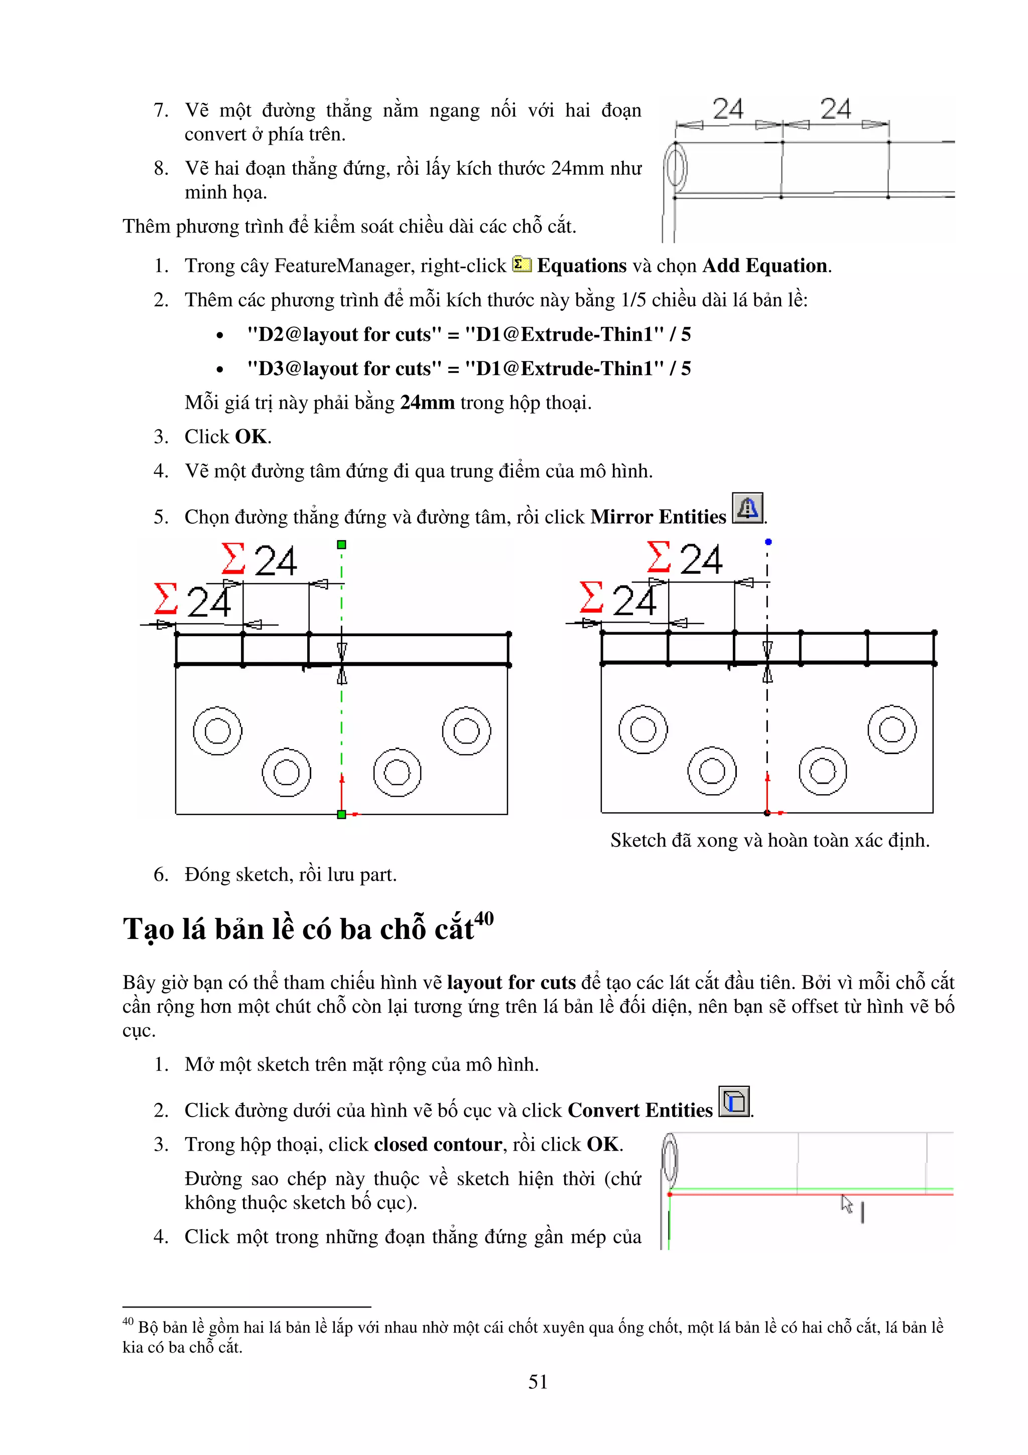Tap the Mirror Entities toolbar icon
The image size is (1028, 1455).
(x=747, y=508)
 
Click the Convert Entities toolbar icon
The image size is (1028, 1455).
(x=734, y=1102)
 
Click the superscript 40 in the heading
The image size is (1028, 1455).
(x=484, y=918)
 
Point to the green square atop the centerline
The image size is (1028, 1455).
(x=341, y=544)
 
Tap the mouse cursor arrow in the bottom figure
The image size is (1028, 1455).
(x=846, y=1203)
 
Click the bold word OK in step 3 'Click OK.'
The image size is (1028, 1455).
(x=251, y=437)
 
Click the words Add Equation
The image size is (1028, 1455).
(x=764, y=266)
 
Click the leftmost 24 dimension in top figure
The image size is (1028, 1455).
(x=728, y=109)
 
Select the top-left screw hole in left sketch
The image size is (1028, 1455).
(x=217, y=731)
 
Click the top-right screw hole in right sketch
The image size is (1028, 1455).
(x=892, y=729)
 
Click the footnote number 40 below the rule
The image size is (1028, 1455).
(x=128, y=1320)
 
